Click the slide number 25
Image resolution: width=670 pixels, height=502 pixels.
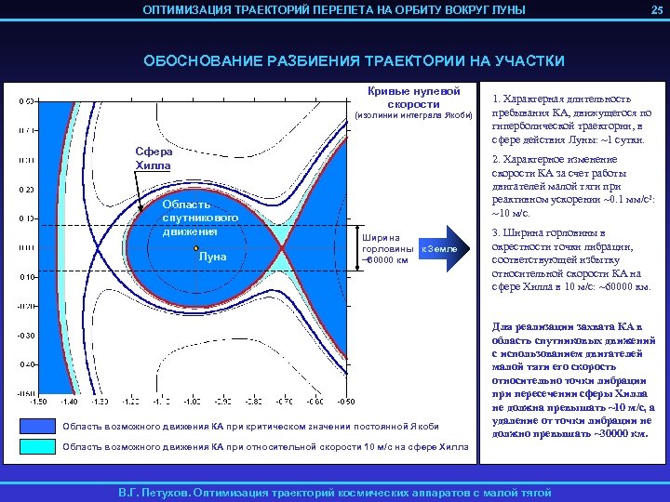point(656,9)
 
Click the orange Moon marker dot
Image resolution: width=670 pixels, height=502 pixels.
point(195,249)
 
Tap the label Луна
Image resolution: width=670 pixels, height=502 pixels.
point(213,257)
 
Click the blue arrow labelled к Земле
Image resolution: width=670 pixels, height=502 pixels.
point(446,249)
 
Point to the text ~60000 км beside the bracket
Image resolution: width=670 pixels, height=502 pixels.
point(384,260)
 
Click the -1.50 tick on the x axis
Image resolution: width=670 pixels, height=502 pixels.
point(38,402)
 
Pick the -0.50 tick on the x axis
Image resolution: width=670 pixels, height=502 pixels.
point(345,402)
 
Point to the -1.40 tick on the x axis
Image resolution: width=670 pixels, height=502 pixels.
point(69,402)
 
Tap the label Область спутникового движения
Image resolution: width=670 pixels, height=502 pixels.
point(187,218)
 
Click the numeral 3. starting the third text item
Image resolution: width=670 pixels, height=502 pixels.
point(497,232)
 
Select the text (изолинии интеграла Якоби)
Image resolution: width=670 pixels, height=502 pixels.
point(415,115)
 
